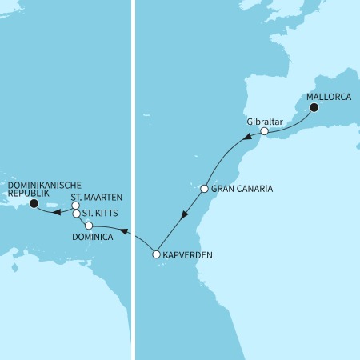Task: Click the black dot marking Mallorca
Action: (314, 108)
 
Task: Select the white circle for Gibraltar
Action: (264, 130)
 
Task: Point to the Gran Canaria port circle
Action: (204, 190)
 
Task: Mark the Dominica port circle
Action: (89, 226)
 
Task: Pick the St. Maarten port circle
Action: (75, 206)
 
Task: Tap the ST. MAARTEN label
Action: (97, 197)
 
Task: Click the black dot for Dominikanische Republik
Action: (34, 204)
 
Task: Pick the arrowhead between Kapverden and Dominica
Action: (123, 231)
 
